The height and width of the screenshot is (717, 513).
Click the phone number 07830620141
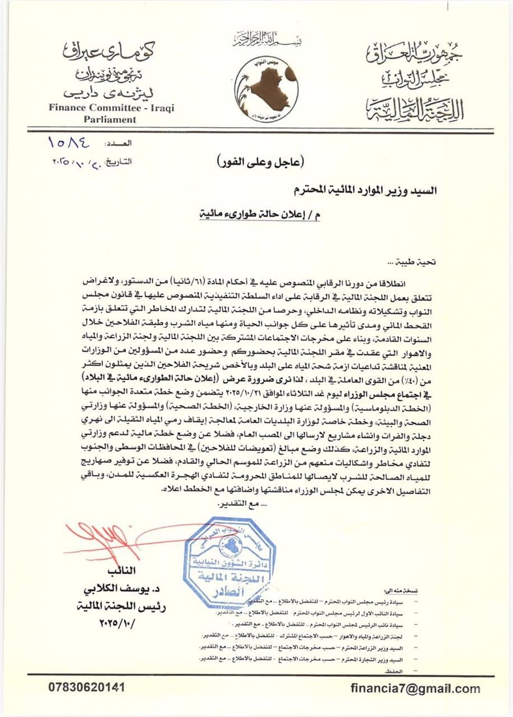tap(87, 687)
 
